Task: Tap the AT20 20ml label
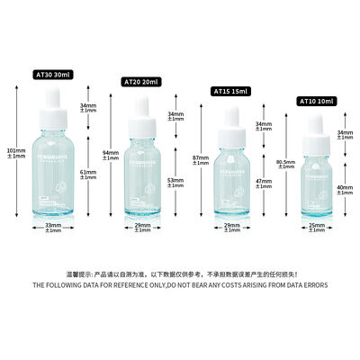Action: (140, 82)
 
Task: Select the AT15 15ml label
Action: (229, 90)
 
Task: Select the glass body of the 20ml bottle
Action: (140, 180)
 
